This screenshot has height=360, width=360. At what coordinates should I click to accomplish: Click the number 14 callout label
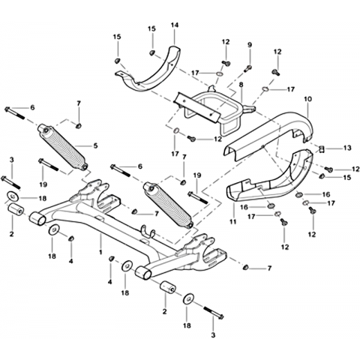point(175,25)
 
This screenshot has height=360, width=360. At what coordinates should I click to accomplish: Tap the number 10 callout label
point(308,99)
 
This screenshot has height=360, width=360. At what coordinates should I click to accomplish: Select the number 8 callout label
point(241,85)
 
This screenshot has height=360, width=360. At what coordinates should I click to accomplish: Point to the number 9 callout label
point(250,45)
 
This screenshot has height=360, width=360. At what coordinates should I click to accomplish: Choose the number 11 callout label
point(233,221)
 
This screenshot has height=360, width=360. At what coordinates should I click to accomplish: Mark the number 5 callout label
point(95,145)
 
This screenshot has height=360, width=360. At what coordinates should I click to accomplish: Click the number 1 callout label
point(100,252)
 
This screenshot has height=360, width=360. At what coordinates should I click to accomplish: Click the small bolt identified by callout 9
point(249,67)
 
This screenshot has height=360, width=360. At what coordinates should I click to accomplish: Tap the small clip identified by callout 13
point(322,149)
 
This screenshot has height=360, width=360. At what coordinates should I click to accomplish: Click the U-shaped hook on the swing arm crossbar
point(148,231)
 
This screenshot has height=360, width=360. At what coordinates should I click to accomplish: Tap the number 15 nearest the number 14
point(151,28)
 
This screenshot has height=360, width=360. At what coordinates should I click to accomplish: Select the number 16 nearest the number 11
point(244,207)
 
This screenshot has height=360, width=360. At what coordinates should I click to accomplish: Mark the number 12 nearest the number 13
point(355,169)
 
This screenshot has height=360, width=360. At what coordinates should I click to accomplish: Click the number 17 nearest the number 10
point(291,89)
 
